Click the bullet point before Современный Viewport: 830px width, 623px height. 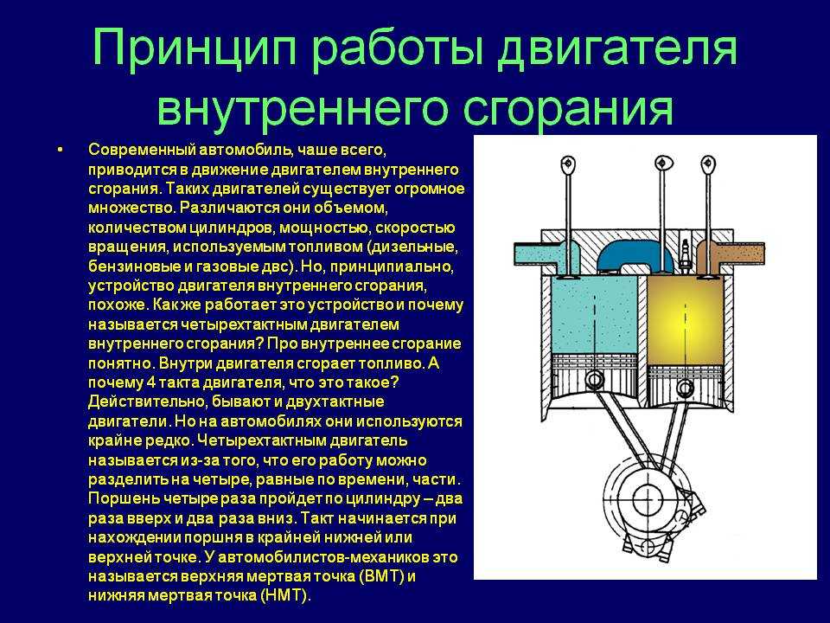[60, 150]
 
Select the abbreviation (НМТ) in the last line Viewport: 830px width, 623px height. [284, 595]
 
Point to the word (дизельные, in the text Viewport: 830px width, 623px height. [412, 247]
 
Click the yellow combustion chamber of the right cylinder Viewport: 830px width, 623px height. [686, 320]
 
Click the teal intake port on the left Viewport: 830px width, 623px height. [546, 254]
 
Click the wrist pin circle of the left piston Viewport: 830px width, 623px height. [595, 380]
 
